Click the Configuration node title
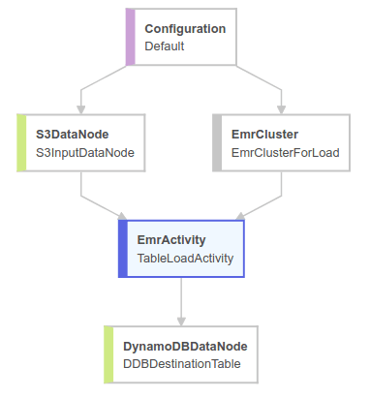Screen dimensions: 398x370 [185, 28]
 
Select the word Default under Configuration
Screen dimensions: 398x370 [165, 46]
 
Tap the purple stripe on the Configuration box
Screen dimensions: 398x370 [130, 37]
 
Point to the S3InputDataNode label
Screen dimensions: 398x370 [84, 152]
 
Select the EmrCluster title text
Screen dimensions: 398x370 [264, 134]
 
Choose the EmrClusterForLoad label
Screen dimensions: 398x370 [285, 152]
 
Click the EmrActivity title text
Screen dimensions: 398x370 [171, 239]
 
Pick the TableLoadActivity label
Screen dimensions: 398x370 [185, 258]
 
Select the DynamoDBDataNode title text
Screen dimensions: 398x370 [184, 346]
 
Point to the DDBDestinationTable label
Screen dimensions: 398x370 [181, 364]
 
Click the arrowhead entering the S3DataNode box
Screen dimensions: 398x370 [81, 109]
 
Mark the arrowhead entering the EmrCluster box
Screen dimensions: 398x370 [281, 109]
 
